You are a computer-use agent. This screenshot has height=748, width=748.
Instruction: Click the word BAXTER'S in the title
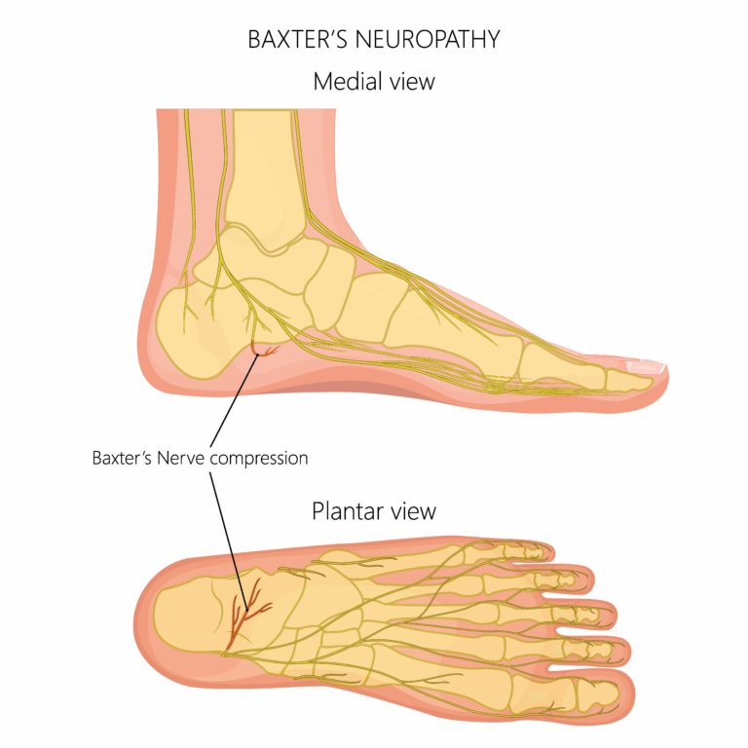[x=291, y=40]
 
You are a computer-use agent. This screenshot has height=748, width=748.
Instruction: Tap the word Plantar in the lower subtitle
[x=346, y=510]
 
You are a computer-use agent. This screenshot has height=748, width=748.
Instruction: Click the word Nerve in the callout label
[x=194, y=456]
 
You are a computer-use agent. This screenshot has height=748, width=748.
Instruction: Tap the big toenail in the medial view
[x=646, y=366]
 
